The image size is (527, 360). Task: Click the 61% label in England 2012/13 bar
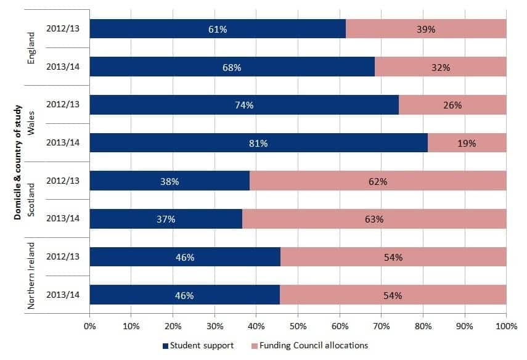(x=218, y=29)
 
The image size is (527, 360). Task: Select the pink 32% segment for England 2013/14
(x=440, y=67)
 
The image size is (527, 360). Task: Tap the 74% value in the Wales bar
(x=244, y=105)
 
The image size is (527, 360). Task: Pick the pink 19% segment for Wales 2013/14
(x=467, y=144)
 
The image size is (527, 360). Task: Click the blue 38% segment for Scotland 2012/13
(x=170, y=181)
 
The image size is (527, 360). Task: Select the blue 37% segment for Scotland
(x=166, y=219)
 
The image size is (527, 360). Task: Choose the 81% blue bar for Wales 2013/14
(x=258, y=144)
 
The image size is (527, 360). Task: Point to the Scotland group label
(x=31, y=199)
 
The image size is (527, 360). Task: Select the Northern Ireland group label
(x=31, y=276)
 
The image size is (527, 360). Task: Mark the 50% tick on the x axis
(x=298, y=325)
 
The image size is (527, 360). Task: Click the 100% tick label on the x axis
(x=505, y=325)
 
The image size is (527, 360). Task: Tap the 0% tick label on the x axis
(x=90, y=325)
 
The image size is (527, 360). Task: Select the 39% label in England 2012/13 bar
(x=426, y=29)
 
